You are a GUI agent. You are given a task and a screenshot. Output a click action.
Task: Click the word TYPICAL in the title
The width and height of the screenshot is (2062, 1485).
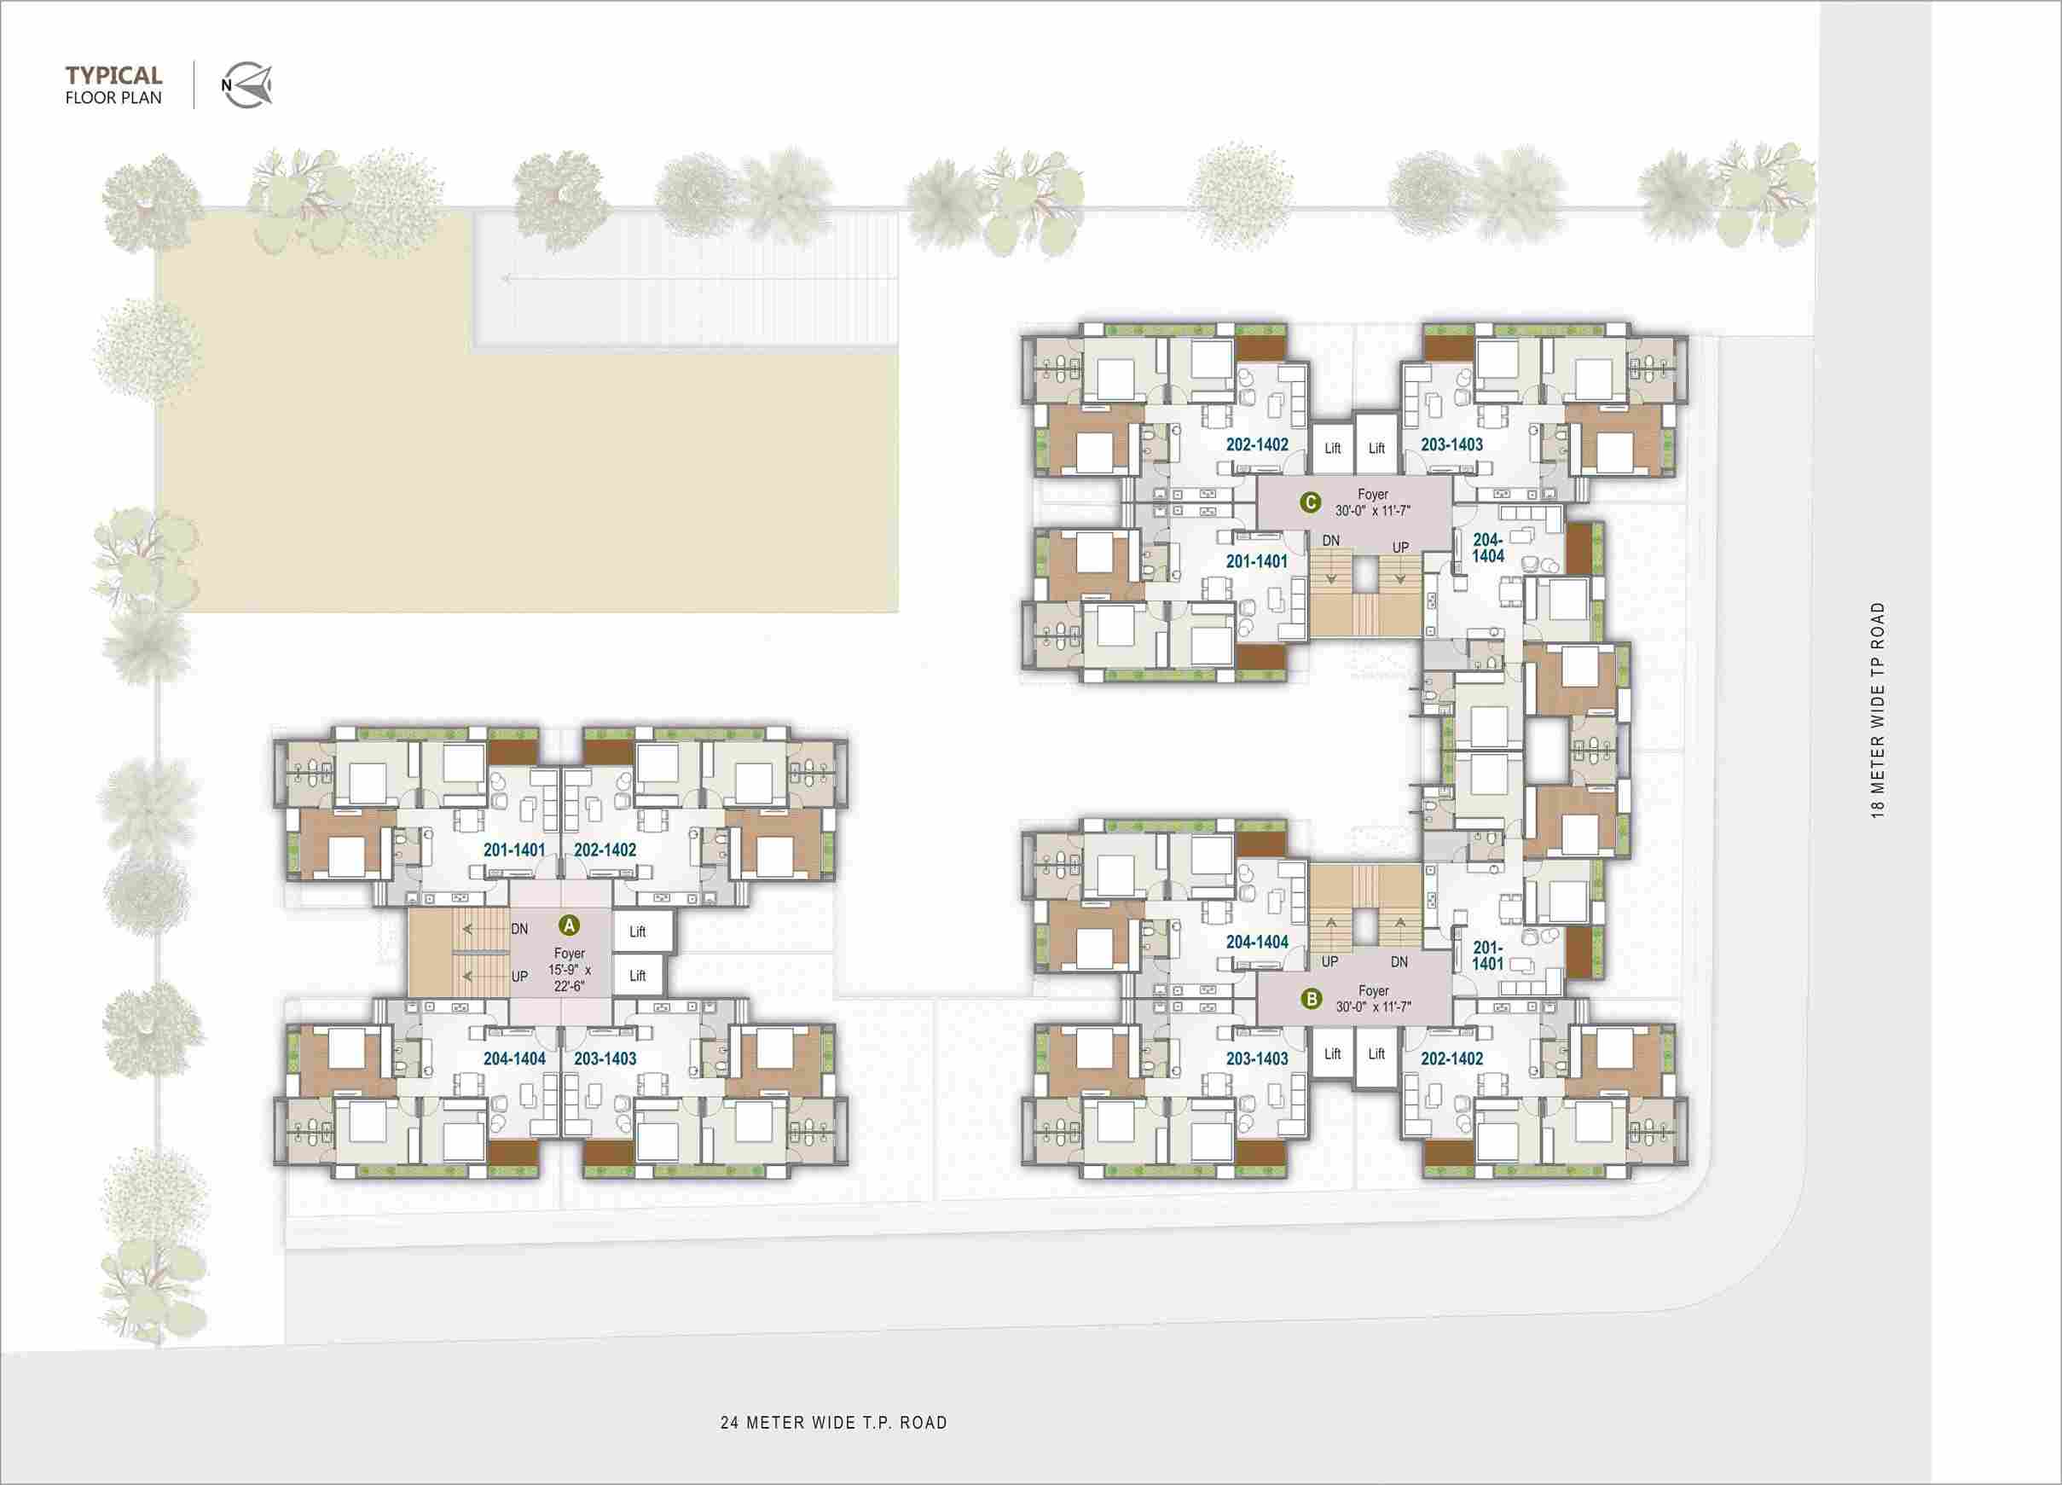coord(113,74)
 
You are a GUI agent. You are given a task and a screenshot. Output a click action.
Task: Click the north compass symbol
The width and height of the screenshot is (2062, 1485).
coord(246,86)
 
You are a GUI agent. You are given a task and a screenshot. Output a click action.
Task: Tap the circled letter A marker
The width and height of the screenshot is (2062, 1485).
coord(569,925)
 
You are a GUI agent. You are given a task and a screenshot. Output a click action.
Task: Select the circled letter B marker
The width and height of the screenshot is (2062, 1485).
coord(1311,1000)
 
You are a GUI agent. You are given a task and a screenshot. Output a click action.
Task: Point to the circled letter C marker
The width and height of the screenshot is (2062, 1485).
coord(1310,502)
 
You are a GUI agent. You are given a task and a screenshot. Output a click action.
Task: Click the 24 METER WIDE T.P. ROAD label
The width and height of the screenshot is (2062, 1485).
coord(834,1422)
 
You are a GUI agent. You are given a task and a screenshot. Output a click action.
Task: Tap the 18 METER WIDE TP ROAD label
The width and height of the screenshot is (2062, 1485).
coord(1879,711)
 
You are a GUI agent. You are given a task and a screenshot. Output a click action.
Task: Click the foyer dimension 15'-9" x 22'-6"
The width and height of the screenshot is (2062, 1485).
coord(569,977)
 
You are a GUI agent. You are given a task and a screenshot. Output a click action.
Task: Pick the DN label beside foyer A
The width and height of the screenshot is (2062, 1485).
coord(519,929)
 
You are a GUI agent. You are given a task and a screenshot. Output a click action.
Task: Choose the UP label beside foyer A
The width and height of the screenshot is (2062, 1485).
coord(519,977)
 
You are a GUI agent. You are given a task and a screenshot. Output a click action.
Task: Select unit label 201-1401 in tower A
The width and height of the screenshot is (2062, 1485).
coord(514,850)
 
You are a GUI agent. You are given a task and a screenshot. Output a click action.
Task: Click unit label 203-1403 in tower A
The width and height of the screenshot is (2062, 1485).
coord(605,1059)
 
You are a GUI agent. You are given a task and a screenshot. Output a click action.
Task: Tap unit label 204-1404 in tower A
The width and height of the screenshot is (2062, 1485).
coord(514,1059)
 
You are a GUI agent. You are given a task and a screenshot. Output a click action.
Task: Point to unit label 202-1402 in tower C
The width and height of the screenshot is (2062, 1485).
coord(1257,444)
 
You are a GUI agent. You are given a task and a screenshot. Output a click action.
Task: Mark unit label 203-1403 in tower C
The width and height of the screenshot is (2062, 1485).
coord(1452,444)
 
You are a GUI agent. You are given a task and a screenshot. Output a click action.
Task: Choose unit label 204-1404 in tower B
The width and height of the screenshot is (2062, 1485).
coord(1257,943)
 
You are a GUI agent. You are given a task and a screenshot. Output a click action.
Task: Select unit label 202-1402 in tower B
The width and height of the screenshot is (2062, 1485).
coord(1452,1059)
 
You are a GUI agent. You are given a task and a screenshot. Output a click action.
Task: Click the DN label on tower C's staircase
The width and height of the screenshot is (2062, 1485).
coord(1331,540)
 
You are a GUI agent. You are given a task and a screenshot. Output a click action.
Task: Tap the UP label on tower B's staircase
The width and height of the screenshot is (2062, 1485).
coord(1330,961)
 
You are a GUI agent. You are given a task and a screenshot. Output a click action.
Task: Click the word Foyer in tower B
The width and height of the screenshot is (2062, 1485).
coord(1374,990)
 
